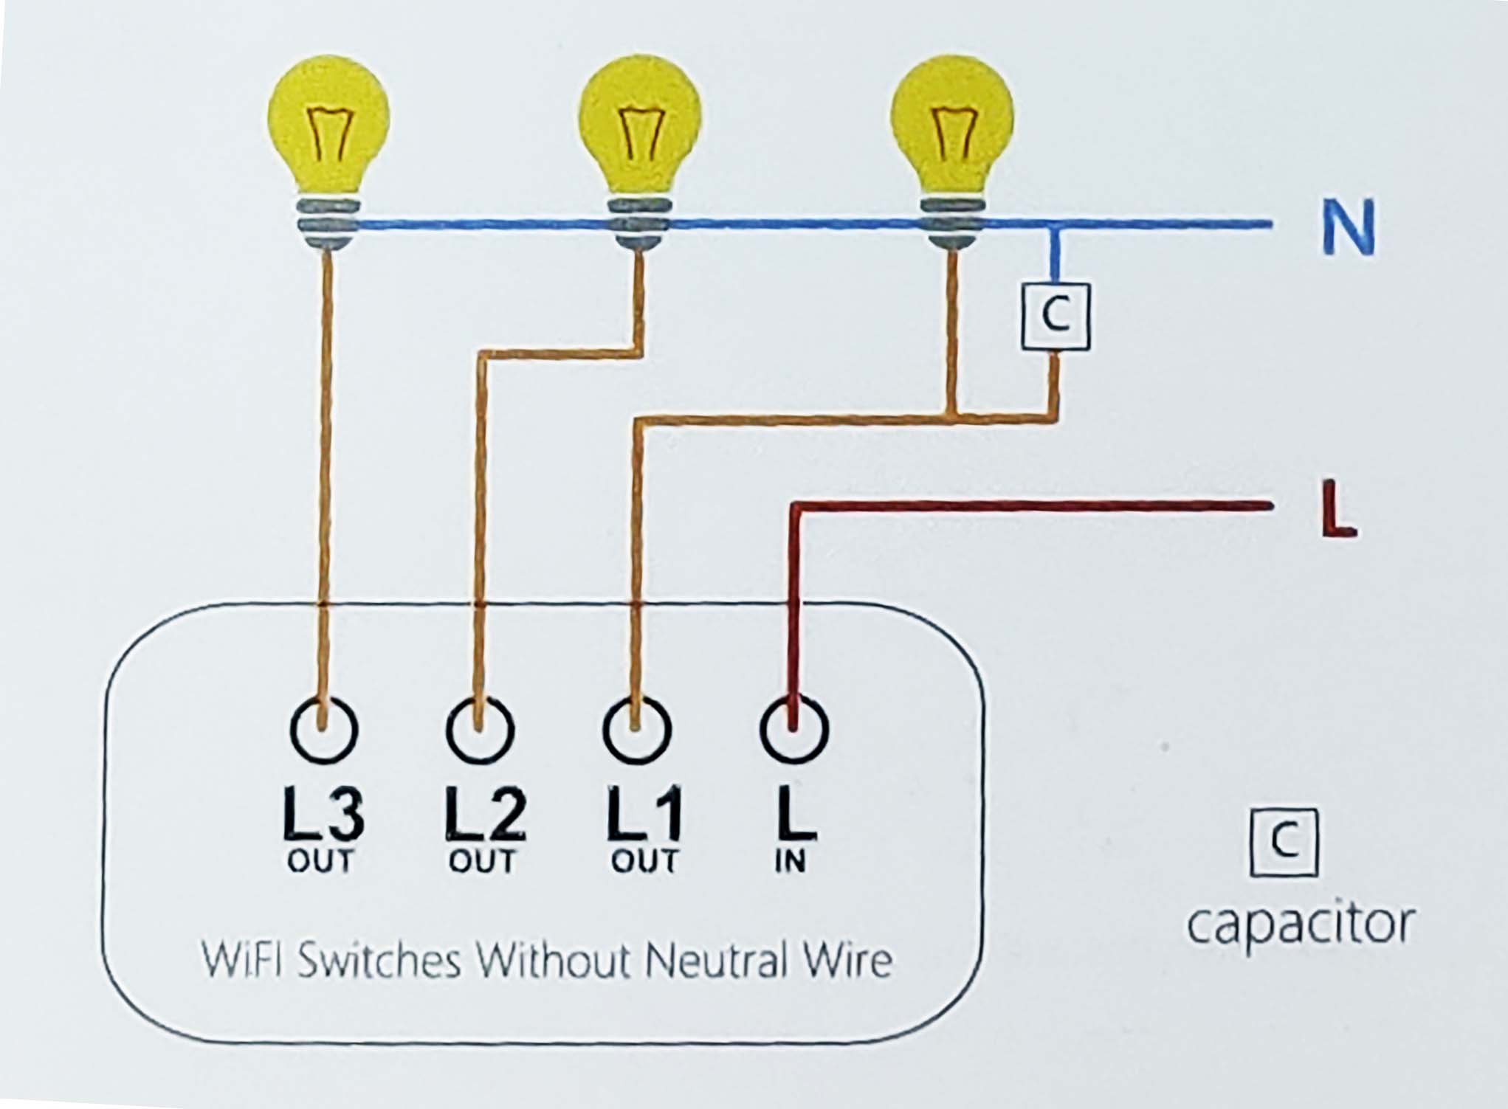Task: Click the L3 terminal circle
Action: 325,729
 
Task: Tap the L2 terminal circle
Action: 481,729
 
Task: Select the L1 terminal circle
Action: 637,729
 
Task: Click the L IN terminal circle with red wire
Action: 793,729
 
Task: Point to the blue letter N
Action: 1348,227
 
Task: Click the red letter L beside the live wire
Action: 1337,508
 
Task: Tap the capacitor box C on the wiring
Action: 1056,317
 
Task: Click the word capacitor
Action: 1301,923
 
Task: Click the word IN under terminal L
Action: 791,861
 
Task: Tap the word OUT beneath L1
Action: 644,861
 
